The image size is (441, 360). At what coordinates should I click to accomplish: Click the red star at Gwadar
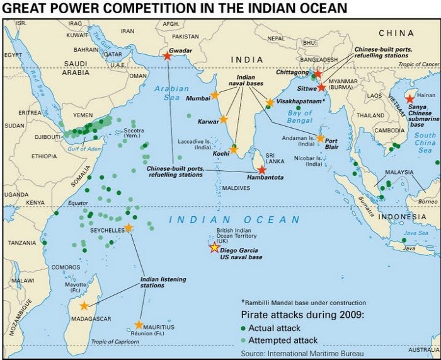pyautogui.click(x=167, y=55)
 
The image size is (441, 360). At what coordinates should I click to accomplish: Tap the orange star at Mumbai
pyautogui.click(x=214, y=95)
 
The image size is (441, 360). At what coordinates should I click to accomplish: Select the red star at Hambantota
pyautogui.click(x=262, y=170)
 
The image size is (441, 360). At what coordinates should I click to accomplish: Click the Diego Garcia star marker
pyautogui.click(x=214, y=248)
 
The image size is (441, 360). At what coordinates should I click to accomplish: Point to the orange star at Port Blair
pyautogui.click(x=320, y=138)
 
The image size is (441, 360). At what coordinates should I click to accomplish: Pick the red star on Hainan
pyautogui.click(x=410, y=98)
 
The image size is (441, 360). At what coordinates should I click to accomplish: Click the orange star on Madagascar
pyautogui.click(x=84, y=306)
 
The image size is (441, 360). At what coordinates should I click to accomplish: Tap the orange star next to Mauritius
pyautogui.click(x=139, y=325)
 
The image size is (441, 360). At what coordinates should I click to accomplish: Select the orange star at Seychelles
pyautogui.click(x=129, y=228)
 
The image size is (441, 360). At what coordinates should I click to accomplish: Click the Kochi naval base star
pyautogui.click(x=234, y=149)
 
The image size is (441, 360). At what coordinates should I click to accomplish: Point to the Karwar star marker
pyautogui.click(x=224, y=119)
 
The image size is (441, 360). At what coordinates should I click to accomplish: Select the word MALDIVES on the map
pyautogui.click(x=236, y=189)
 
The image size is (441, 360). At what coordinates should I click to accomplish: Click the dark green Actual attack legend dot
pyautogui.click(x=243, y=328)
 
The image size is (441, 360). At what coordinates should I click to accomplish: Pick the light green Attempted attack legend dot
pyautogui.click(x=243, y=341)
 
